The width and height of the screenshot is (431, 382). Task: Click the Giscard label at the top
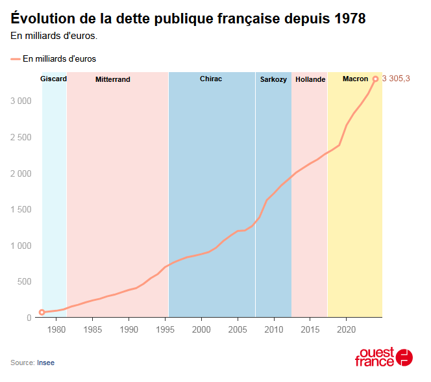pyautogui.click(x=53, y=79)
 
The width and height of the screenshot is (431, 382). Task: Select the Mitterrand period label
pyautogui.click(x=113, y=80)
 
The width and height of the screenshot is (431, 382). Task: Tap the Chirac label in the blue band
pyautogui.click(x=211, y=79)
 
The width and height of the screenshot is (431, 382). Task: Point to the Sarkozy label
pyautogui.click(x=273, y=80)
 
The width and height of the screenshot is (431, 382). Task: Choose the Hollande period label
pyautogui.click(x=310, y=79)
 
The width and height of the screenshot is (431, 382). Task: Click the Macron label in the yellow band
pyautogui.click(x=355, y=79)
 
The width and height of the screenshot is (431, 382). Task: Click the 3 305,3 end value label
pyautogui.click(x=396, y=79)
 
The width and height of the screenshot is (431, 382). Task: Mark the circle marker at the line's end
pyautogui.click(x=375, y=79)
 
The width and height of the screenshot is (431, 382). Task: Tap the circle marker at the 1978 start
pyautogui.click(x=42, y=312)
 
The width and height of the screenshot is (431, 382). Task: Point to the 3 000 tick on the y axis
pyautogui.click(x=21, y=101)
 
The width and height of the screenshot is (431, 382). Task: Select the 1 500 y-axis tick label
pyautogui.click(x=21, y=210)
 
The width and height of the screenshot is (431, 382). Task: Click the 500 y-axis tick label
pyautogui.click(x=25, y=282)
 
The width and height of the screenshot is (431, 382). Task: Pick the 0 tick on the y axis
pyautogui.click(x=29, y=318)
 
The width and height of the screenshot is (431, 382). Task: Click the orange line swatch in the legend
pyautogui.click(x=16, y=59)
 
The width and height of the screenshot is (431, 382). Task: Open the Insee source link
pyautogui.click(x=45, y=362)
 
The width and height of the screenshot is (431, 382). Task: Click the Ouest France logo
pyautogui.click(x=384, y=357)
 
